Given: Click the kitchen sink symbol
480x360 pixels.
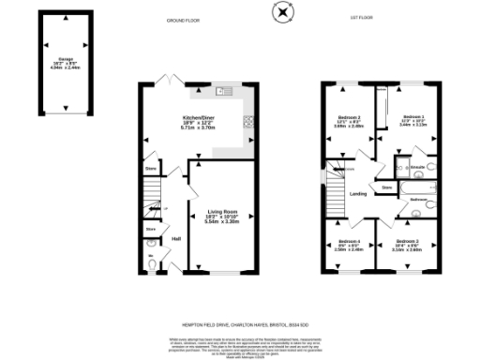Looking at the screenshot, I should click(222, 92).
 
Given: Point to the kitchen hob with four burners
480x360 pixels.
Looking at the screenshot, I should click(247, 121).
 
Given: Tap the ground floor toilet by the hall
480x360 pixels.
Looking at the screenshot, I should click(152, 264).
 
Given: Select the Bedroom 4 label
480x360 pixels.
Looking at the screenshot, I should click(350, 242).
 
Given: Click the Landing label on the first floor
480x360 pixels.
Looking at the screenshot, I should click(357, 194).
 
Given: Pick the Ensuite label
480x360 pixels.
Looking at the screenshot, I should click(418, 167).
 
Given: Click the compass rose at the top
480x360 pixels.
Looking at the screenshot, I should click(284, 12).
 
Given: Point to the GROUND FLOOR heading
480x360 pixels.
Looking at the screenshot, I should click(185, 19).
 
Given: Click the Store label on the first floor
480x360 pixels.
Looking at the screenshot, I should click(386, 188).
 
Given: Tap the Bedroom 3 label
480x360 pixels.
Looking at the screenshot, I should click(350, 118).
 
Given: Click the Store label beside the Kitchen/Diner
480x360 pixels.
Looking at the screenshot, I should click(150, 170).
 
